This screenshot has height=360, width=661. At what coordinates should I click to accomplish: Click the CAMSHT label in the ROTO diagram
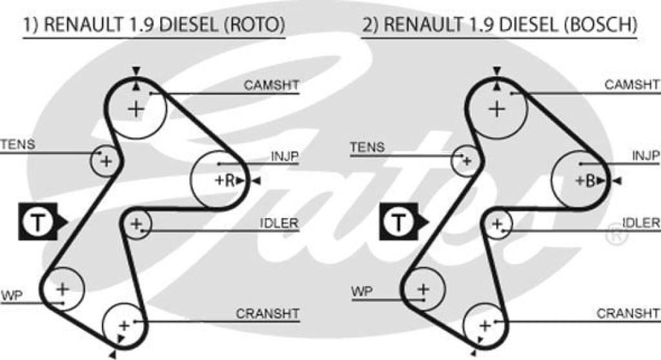[x=272, y=85]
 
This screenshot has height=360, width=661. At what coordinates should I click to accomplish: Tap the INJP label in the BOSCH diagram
[x=646, y=155]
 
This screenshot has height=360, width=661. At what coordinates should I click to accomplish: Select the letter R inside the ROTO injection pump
[x=229, y=181]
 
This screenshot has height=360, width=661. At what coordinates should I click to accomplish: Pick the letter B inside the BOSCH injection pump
[x=589, y=181]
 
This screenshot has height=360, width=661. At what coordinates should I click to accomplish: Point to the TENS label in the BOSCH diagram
[x=367, y=147]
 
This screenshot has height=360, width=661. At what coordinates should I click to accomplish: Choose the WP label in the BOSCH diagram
[x=361, y=292]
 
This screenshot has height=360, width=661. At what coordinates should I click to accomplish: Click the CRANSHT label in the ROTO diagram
[x=268, y=314]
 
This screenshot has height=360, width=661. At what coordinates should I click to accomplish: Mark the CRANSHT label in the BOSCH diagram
[x=628, y=314]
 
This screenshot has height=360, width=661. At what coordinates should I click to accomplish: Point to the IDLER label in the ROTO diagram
[x=279, y=223]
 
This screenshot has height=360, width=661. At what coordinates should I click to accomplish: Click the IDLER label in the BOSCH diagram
[x=641, y=223]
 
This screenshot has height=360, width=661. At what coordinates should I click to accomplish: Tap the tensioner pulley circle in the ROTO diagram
[x=105, y=160]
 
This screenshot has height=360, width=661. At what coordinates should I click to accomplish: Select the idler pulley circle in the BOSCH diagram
[x=497, y=225]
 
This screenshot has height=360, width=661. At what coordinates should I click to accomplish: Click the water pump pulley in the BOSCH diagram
[x=423, y=288]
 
